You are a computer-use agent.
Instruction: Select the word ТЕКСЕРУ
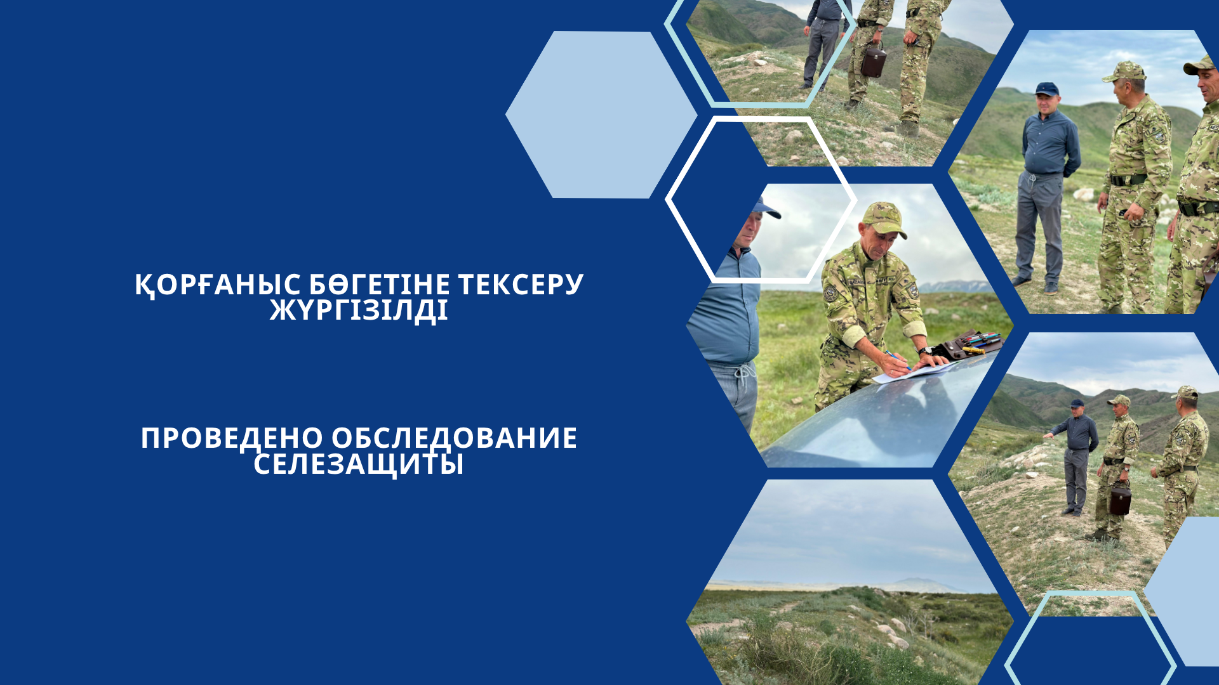click(x=521, y=285)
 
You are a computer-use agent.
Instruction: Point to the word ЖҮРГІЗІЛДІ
click(x=359, y=311)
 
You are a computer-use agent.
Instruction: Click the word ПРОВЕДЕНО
click(x=232, y=438)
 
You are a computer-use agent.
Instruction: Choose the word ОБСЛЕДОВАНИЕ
click(x=455, y=438)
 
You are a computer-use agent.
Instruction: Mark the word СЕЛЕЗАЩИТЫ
click(x=359, y=464)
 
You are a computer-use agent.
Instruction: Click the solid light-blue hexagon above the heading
click(x=601, y=115)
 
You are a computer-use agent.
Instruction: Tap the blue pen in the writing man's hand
click(x=897, y=359)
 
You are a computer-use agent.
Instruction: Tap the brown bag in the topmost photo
click(x=874, y=62)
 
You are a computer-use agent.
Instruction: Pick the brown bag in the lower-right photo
click(x=1120, y=500)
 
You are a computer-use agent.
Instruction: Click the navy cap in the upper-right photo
click(x=1046, y=88)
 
